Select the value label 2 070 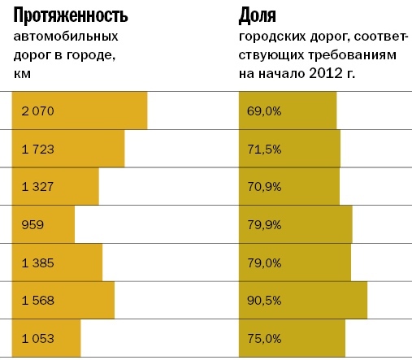pyautogui.click(x=37, y=110)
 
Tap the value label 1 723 pyautogui.click(x=37, y=148)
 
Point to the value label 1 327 pyautogui.click(x=37, y=186)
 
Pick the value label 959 pyautogui.click(x=33, y=224)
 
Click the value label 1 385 pyautogui.click(x=37, y=262)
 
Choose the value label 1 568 pyautogui.click(x=37, y=301)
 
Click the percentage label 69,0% pyautogui.click(x=265, y=110)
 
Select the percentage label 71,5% pyautogui.click(x=265, y=148)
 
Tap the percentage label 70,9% pyautogui.click(x=265, y=186)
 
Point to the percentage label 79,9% pyautogui.click(x=265, y=224)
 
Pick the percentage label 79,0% pyautogui.click(x=265, y=262)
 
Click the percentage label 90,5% pyautogui.click(x=265, y=301)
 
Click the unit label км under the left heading pyautogui.click(x=22, y=74)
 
